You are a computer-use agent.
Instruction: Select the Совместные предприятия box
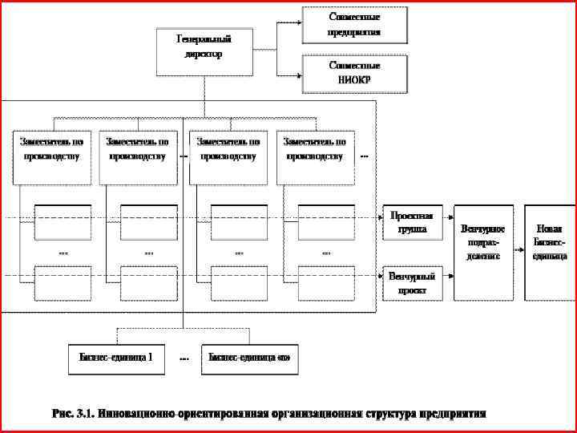[x=354, y=25]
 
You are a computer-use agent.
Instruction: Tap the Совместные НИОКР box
[x=354, y=73]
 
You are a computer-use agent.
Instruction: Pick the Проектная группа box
[x=414, y=223]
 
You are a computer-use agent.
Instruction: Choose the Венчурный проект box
[x=414, y=283]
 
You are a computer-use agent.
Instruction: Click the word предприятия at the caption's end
[x=454, y=414]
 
